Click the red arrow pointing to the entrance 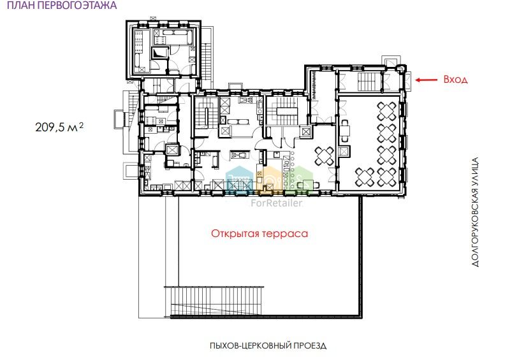click(x=427, y=80)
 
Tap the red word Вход click(x=455, y=80)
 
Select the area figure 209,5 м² click(x=59, y=127)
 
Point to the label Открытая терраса click(x=259, y=233)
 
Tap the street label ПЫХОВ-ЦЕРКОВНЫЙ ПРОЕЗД click(x=268, y=345)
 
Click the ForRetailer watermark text click(x=277, y=203)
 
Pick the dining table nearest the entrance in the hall click(x=387, y=112)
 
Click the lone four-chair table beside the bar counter click(x=325, y=156)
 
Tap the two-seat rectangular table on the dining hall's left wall click(x=345, y=130)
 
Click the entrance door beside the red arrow click(x=408, y=80)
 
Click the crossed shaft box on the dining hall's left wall click(x=343, y=152)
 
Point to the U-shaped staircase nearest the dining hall click(x=286, y=111)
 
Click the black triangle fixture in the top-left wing click(x=159, y=53)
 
